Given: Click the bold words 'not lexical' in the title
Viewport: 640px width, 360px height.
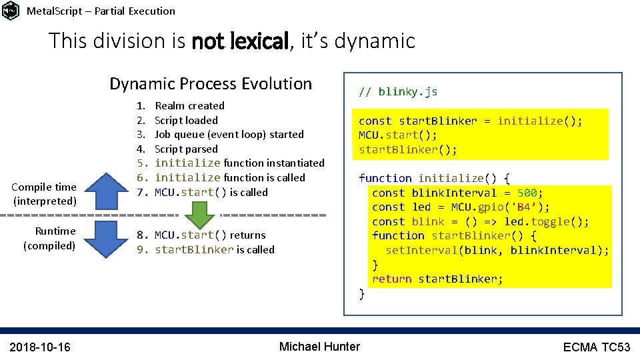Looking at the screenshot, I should click(x=240, y=41).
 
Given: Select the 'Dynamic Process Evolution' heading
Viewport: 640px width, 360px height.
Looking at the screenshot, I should click(x=211, y=84).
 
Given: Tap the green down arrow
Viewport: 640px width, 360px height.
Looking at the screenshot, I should click(x=199, y=215).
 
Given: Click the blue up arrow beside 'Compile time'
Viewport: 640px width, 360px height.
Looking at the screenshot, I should click(x=106, y=190).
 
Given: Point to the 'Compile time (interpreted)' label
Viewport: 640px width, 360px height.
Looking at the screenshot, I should click(x=45, y=193).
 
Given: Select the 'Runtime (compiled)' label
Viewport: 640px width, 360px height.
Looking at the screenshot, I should click(x=50, y=238).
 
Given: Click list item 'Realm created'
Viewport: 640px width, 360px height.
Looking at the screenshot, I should click(x=189, y=105).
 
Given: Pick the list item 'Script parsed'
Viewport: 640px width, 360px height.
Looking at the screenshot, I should click(x=186, y=149).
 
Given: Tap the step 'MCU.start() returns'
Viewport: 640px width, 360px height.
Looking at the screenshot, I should click(x=210, y=235).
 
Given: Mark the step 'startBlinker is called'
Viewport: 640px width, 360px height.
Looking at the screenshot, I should click(x=214, y=249).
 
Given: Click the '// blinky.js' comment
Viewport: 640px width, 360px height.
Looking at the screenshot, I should click(x=398, y=91).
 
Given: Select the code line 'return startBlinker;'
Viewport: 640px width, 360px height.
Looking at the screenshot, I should click(x=437, y=279).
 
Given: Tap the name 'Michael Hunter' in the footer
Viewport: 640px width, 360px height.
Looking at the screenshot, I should click(x=319, y=346).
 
